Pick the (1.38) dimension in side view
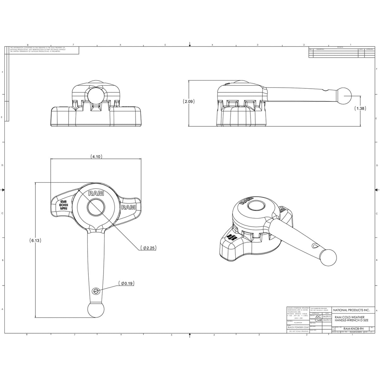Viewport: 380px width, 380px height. pos(361,108)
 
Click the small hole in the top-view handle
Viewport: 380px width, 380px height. pos(96,291)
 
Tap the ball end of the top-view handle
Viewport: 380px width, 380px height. pos(96,310)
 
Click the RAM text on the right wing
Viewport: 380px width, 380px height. pos(129,207)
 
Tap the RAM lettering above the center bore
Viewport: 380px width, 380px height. pos(96,194)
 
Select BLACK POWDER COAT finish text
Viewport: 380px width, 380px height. pos(298,327)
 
